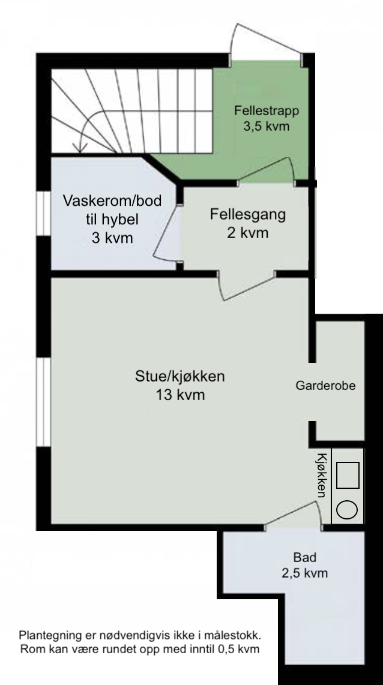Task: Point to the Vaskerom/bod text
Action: point(112,202)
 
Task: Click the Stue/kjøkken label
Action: point(179,378)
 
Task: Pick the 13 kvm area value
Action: point(179,395)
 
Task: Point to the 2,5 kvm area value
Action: point(304,573)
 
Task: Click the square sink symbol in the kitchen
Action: point(348,474)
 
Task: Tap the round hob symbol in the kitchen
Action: point(348,510)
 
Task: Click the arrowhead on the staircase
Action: point(77,147)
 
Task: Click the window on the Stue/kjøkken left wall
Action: point(43,402)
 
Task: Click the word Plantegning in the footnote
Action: point(49,635)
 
